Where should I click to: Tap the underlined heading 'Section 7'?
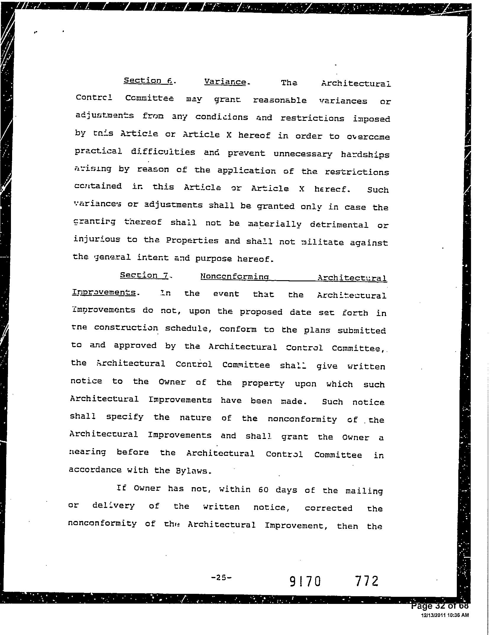click(144, 275)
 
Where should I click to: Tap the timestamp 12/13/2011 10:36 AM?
click(445, 615)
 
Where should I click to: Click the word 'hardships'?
click(365, 155)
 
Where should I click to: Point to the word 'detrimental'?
click(339, 225)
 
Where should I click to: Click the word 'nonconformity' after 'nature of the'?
click(302, 419)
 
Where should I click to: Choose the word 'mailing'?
click(364, 491)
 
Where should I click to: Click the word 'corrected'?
click(328, 508)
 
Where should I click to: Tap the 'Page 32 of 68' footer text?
click(440, 606)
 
